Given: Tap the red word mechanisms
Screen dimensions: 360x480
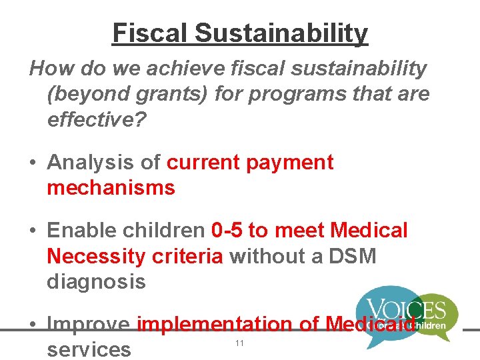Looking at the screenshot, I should click(111, 187).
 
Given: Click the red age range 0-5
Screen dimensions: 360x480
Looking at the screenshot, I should click(227, 231).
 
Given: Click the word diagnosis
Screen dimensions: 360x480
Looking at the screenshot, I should click(96, 281).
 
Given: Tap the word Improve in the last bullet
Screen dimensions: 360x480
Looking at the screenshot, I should click(89, 325).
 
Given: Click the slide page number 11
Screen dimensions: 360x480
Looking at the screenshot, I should click(239, 343).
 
